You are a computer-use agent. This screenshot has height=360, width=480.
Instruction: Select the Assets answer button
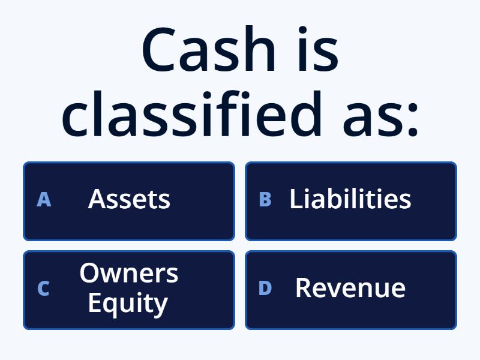128,201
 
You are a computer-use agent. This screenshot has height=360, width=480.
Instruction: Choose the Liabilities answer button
351,201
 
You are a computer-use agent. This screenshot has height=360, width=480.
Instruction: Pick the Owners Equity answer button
128,290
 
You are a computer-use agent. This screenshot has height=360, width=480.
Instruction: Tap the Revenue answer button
351,290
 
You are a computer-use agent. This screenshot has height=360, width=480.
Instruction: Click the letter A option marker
44,200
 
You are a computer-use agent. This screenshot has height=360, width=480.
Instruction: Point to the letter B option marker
265,200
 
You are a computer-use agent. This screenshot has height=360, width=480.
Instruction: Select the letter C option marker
43,289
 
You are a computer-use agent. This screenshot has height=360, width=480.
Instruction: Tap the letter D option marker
265,289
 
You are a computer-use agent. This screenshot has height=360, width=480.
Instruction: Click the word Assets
129,199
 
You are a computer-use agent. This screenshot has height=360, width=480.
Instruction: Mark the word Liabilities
350,199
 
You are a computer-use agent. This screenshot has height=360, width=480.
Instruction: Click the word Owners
129,274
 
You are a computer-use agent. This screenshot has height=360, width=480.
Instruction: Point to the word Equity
127,304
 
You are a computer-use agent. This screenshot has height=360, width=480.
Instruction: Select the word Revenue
350,288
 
